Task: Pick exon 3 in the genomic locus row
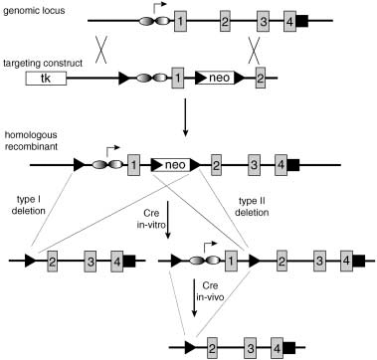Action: click(x=263, y=21)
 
